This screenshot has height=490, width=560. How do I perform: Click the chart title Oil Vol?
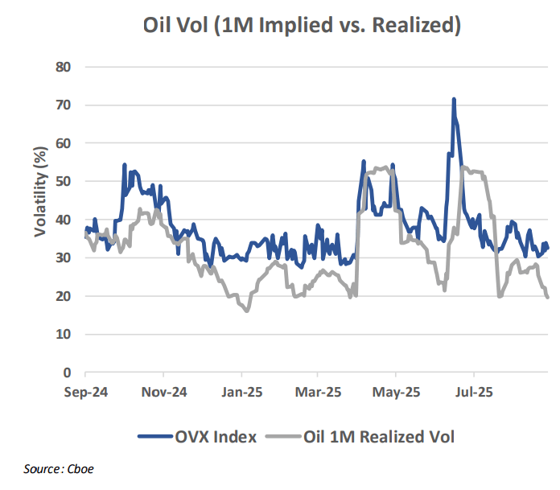[302, 26]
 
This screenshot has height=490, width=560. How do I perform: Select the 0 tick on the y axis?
[68, 373]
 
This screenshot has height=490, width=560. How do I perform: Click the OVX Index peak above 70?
[454, 100]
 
